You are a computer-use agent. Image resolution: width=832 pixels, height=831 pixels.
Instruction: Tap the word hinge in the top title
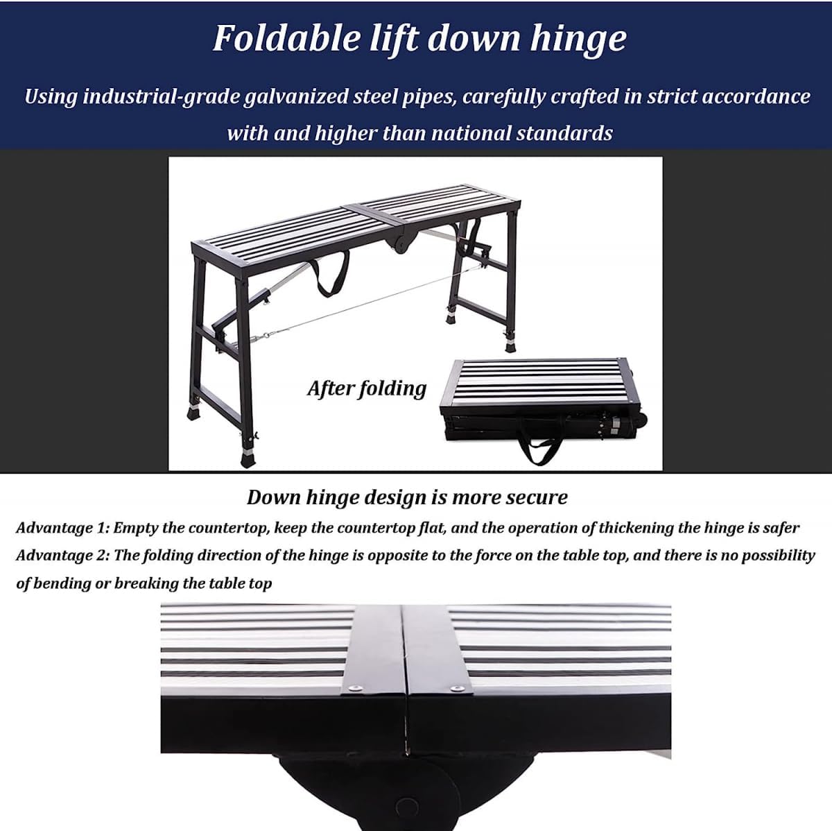(x=578, y=39)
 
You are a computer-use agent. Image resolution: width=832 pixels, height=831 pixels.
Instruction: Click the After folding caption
(x=367, y=388)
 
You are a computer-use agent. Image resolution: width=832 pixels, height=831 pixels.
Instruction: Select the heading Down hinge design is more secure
(x=407, y=497)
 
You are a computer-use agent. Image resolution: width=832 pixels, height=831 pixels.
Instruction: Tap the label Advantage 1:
(x=62, y=528)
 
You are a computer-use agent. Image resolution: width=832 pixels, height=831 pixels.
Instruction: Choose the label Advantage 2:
(x=63, y=556)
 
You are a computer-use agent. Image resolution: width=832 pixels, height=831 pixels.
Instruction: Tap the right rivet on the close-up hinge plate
(x=457, y=688)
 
